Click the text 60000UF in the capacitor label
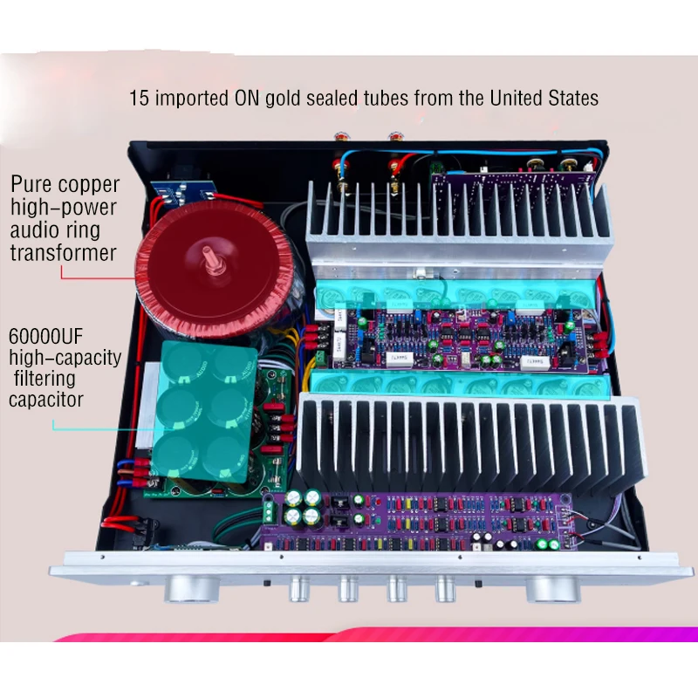[51, 335]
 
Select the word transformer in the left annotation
[63, 253]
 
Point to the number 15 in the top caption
[139, 98]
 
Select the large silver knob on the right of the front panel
[550, 590]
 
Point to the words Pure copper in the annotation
[65, 185]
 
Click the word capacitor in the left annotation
[47, 400]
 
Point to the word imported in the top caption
[194, 98]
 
